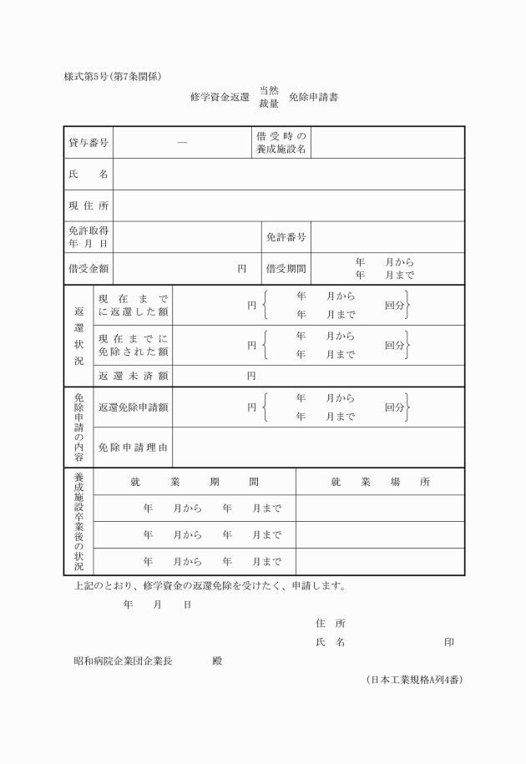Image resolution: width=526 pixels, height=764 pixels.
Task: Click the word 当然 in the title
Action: [269, 89]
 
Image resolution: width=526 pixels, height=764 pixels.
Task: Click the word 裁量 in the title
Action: [269, 104]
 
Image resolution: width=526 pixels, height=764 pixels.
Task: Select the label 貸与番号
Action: [89, 143]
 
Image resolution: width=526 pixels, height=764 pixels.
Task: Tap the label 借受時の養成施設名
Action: [281, 142]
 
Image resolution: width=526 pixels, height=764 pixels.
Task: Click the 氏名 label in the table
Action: [89, 175]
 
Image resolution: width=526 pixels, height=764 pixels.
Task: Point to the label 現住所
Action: [89, 206]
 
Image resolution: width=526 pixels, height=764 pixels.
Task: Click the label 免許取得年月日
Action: [89, 237]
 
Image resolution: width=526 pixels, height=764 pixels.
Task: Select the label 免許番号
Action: [286, 237]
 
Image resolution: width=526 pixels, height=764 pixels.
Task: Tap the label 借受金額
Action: [89, 269]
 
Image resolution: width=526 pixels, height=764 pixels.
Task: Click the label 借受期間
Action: [286, 269]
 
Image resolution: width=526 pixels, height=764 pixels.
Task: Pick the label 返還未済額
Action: [134, 376]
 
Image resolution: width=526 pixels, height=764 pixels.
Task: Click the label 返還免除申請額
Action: [134, 407]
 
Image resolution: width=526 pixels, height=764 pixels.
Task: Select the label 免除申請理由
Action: [134, 448]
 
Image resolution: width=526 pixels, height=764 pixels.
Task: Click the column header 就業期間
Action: [195, 482]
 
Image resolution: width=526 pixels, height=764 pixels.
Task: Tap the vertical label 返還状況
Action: [79, 336]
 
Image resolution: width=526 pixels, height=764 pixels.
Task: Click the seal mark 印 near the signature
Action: [449, 643]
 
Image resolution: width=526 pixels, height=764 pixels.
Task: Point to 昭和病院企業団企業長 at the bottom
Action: [124, 660]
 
